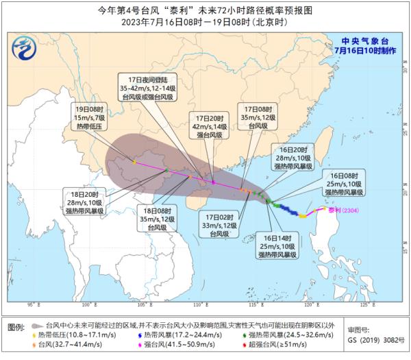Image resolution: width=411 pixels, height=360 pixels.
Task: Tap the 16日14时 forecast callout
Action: (x=279, y=244)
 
